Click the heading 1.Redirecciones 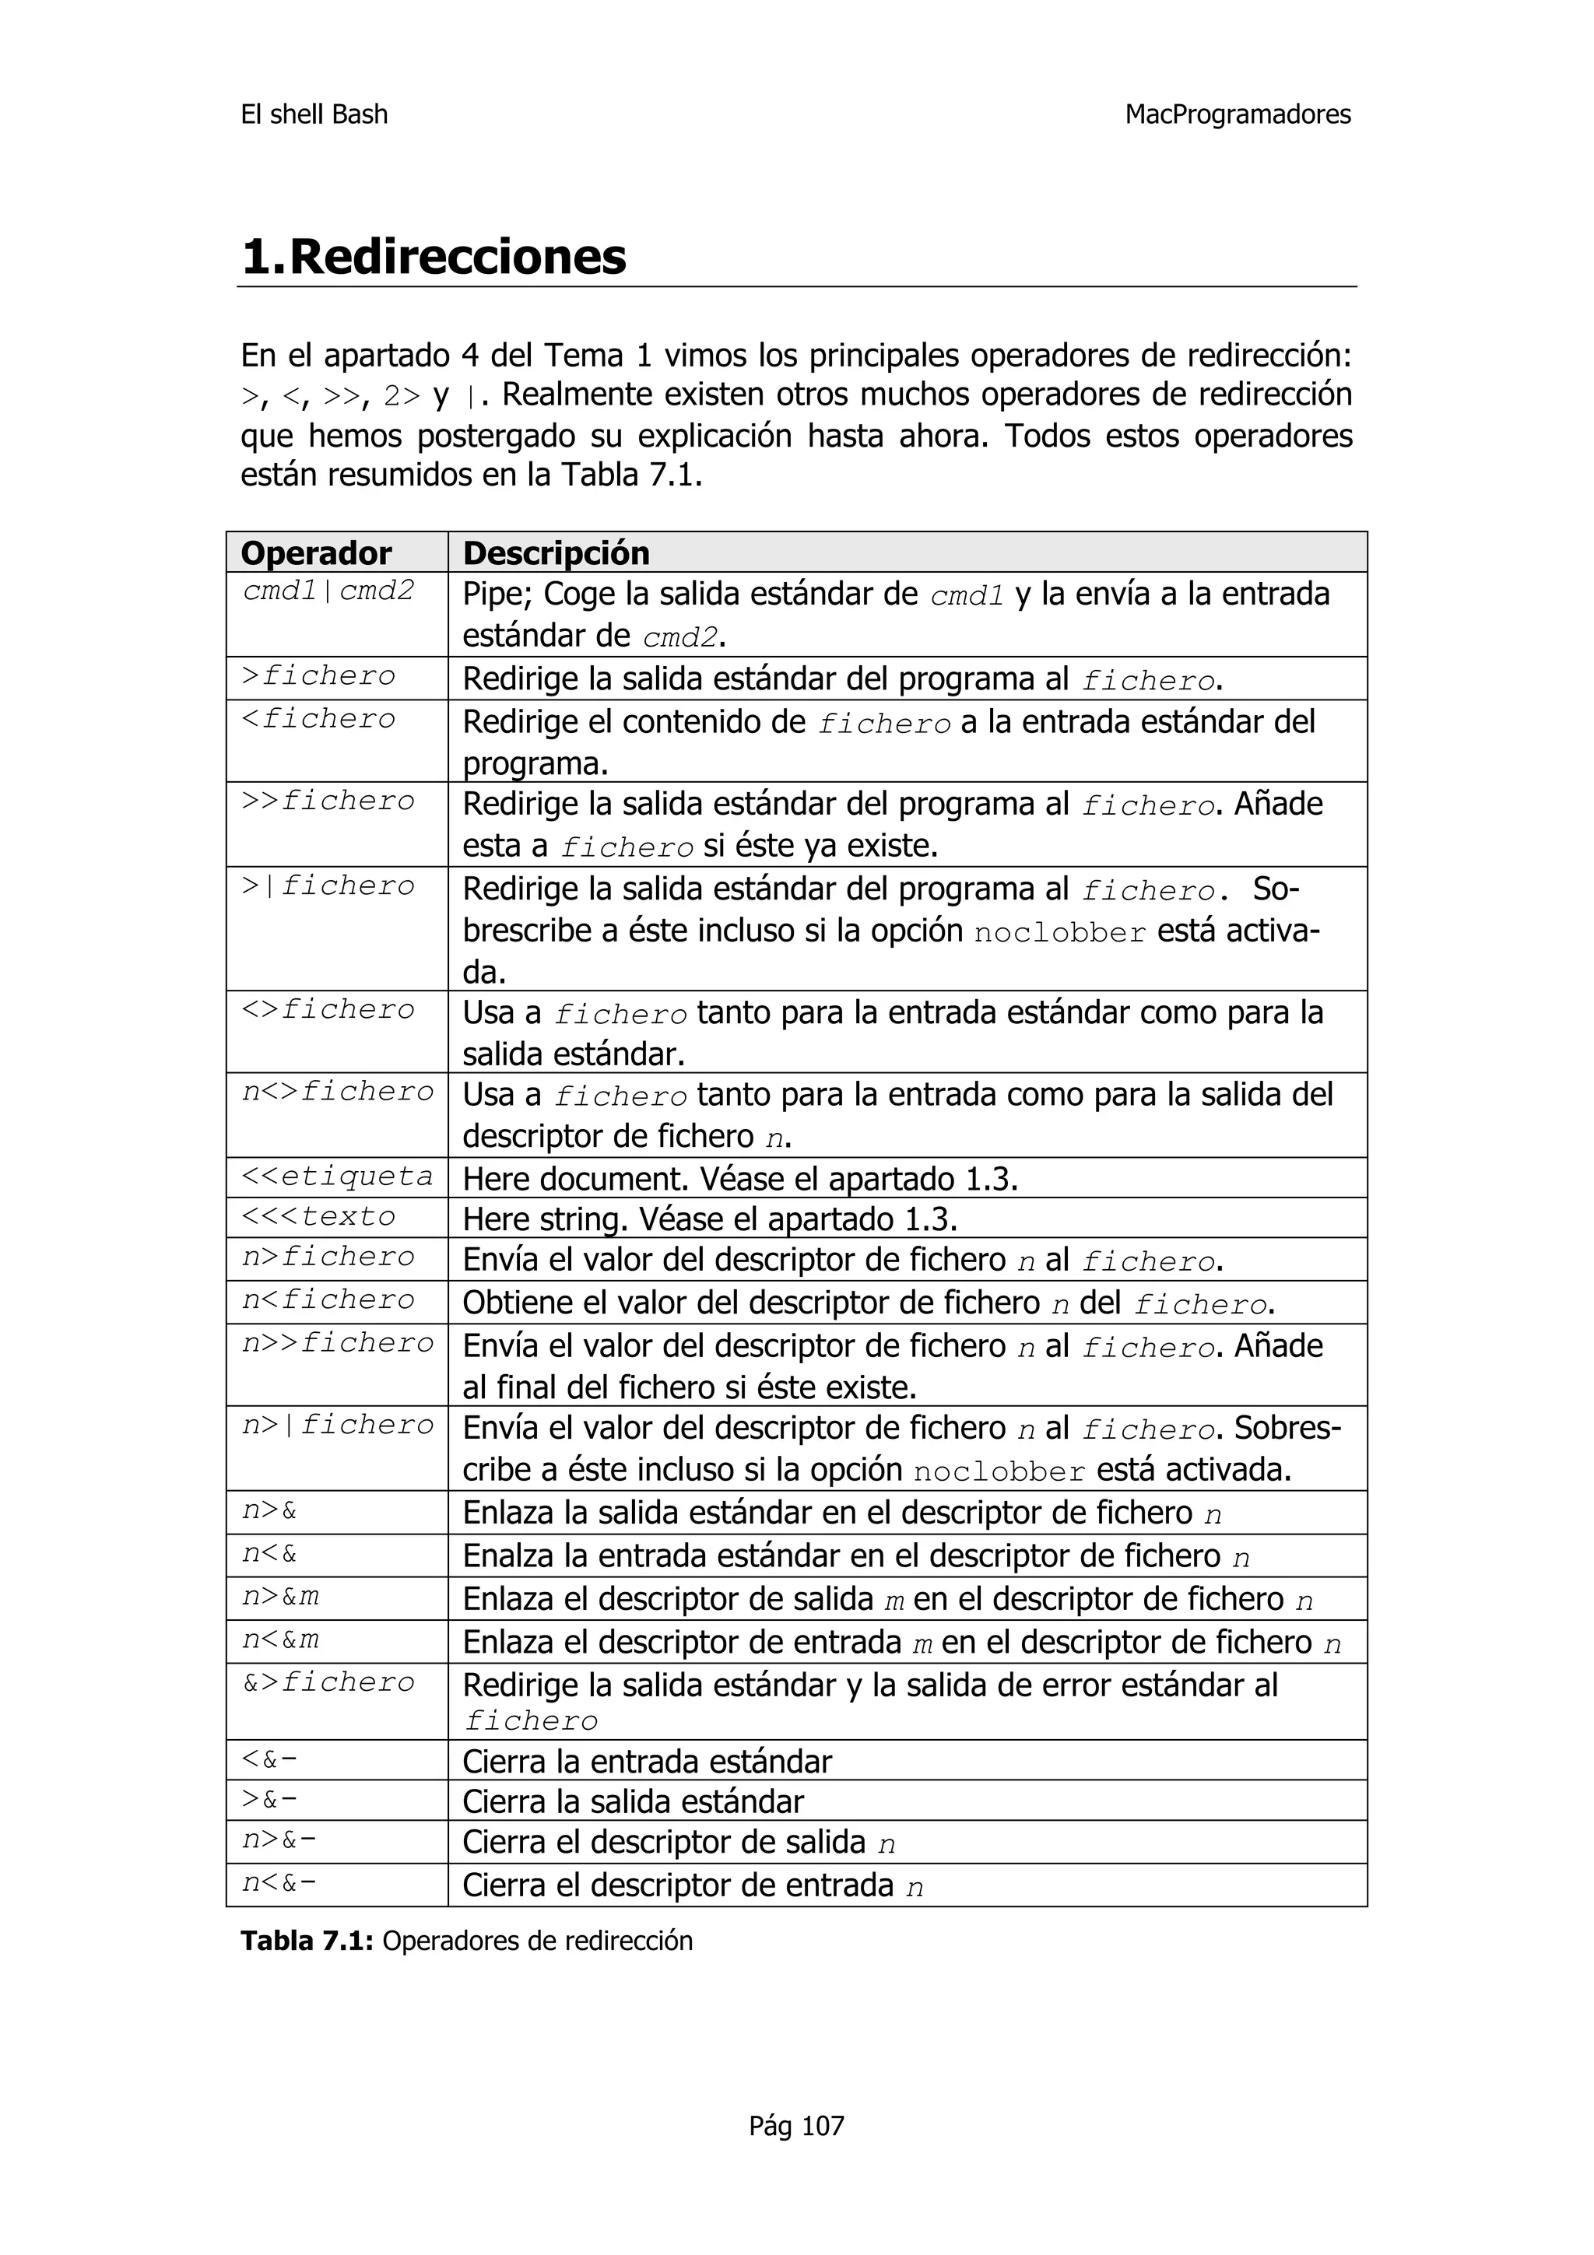pyautogui.click(x=433, y=258)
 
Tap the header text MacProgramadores pyautogui.click(x=1237, y=115)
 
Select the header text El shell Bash pyautogui.click(x=314, y=115)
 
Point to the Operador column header pyautogui.click(x=315, y=553)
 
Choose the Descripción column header pyautogui.click(x=556, y=553)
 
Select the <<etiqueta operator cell pyautogui.click(x=337, y=1176)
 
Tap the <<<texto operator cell pyautogui.click(x=319, y=1216)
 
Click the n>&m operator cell pyautogui.click(x=281, y=1597)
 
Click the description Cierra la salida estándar pyautogui.click(x=633, y=1801)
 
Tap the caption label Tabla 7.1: pyautogui.click(x=307, y=1941)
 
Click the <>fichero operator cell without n pyautogui.click(x=328, y=1010)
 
